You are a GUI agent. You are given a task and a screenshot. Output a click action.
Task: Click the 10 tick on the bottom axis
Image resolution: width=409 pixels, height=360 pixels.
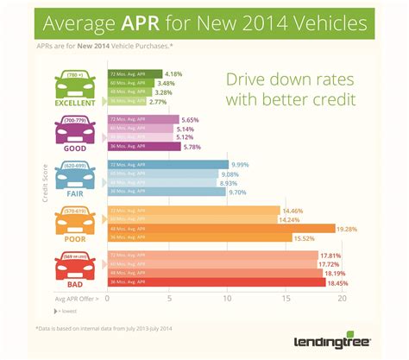pyautogui.click(x=228, y=299)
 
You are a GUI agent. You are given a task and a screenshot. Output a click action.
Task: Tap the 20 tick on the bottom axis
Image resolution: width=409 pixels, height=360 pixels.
pyautogui.click(x=342, y=299)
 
